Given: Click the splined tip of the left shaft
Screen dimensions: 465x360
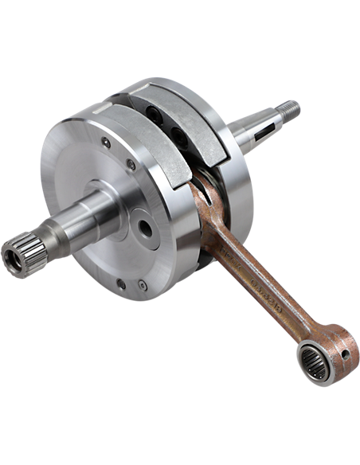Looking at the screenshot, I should [x=24, y=253].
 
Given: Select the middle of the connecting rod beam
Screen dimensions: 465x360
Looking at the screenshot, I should [x=255, y=279].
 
